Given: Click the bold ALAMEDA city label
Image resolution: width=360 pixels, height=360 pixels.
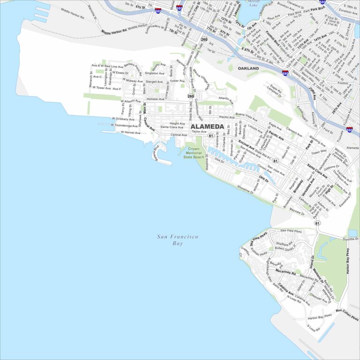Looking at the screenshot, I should point(207,127).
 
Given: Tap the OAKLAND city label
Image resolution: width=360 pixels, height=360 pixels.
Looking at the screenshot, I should point(248,68).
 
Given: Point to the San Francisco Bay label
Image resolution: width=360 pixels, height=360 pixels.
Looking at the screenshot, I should point(178,240).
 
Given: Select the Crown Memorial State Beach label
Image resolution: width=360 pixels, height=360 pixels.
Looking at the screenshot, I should point(194,153).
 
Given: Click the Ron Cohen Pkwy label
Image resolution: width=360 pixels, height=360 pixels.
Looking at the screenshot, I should point(347,315).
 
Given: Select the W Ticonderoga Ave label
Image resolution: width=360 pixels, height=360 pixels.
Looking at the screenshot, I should point(124,125).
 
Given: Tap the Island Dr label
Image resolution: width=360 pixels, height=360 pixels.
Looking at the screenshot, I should point(312,263).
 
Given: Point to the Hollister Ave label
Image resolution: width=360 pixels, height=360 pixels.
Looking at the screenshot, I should point(155,99).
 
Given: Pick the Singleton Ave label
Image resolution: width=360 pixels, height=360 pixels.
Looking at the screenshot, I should point(154,73).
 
